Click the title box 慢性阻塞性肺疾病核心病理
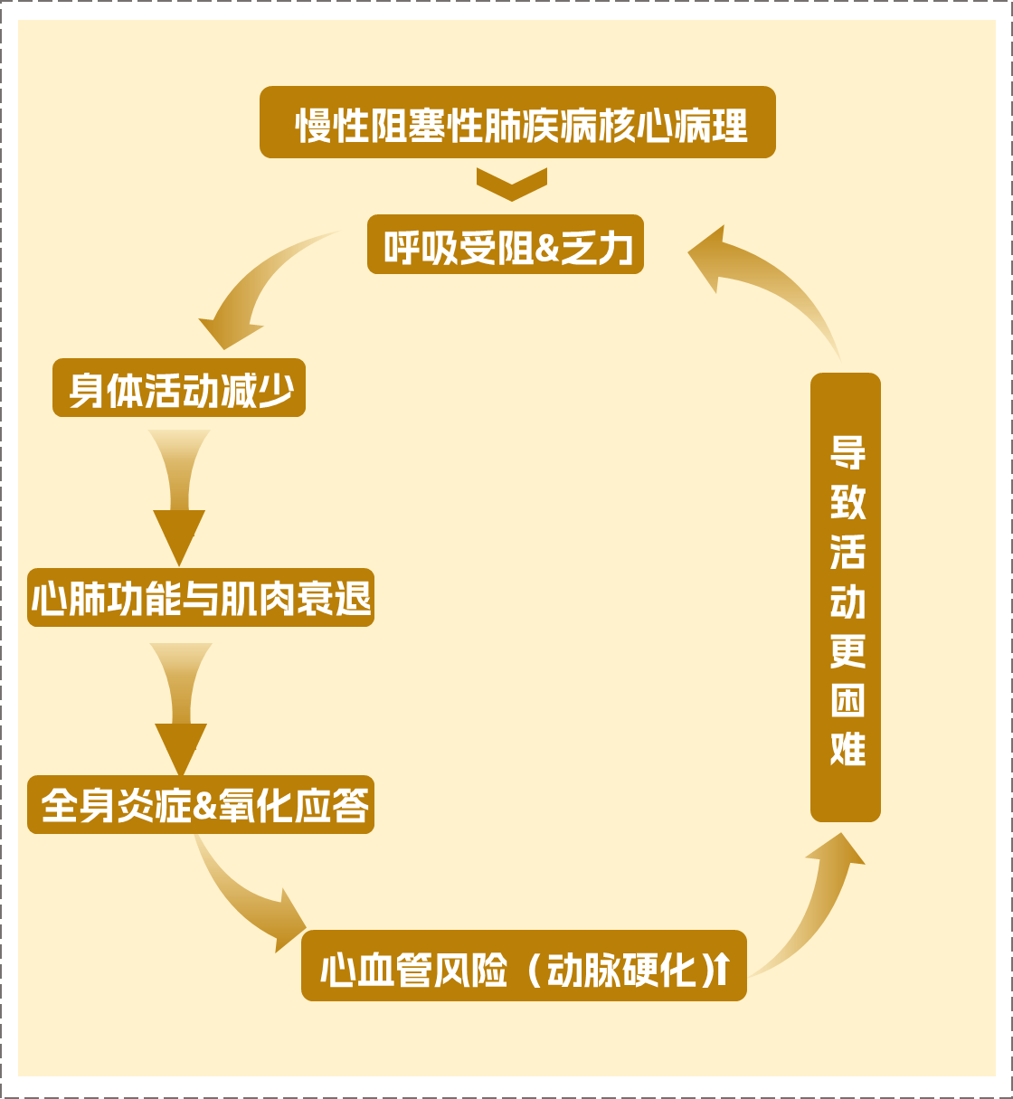pyautogui.click(x=517, y=123)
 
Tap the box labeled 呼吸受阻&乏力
pyautogui.click(x=505, y=245)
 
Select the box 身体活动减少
pyautogui.click(x=179, y=389)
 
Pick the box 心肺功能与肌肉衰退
pyautogui.click(x=201, y=598)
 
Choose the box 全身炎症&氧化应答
pyautogui.click(x=201, y=805)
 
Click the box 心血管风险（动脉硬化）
pyautogui.click(x=524, y=966)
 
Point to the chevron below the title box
pyautogui.click(x=512, y=185)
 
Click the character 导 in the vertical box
pyautogui.click(x=847, y=452)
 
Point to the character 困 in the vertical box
pyautogui.click(x=847, y=700)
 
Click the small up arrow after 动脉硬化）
pyautogui.click(x=721, y=968)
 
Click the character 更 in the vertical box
pyautogui.click(x=847, y=650)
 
